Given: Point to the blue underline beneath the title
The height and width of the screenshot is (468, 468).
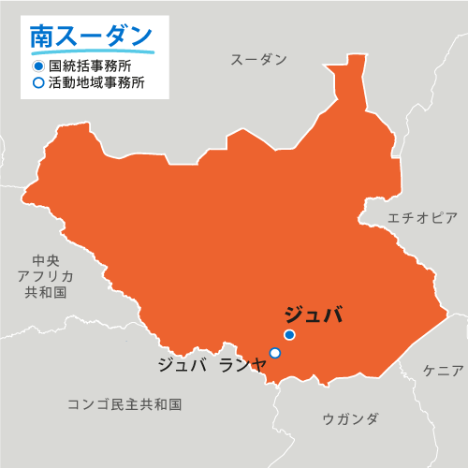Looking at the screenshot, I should pos(91,52).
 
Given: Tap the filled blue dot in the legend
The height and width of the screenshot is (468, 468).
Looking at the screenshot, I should pos(37,67).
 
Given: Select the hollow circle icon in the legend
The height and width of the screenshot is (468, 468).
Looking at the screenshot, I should pos(37,82).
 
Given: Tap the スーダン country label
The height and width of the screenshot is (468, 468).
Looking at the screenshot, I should pos(258,60).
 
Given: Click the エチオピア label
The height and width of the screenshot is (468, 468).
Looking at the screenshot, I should pos(423,218).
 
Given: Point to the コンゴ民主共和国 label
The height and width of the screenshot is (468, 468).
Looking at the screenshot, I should pos(124,404).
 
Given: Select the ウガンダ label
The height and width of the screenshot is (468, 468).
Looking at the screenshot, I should pos(350,418).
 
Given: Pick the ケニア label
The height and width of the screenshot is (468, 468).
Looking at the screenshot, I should pos(443,371).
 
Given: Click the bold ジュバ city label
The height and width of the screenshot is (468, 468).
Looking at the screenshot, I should pos(313,314).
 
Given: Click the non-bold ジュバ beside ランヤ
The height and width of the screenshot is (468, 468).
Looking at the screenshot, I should pos(182,365).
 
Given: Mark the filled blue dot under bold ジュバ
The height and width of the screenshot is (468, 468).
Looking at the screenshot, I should pos(290,335).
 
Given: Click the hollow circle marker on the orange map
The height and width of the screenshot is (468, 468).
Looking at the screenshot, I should pos(275,353).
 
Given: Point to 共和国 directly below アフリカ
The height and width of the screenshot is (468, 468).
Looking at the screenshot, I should pos(46,292).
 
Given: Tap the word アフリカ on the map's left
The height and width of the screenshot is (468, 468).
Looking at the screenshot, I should pos(46,276).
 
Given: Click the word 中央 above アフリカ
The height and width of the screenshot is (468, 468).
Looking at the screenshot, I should pos(46,260).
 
